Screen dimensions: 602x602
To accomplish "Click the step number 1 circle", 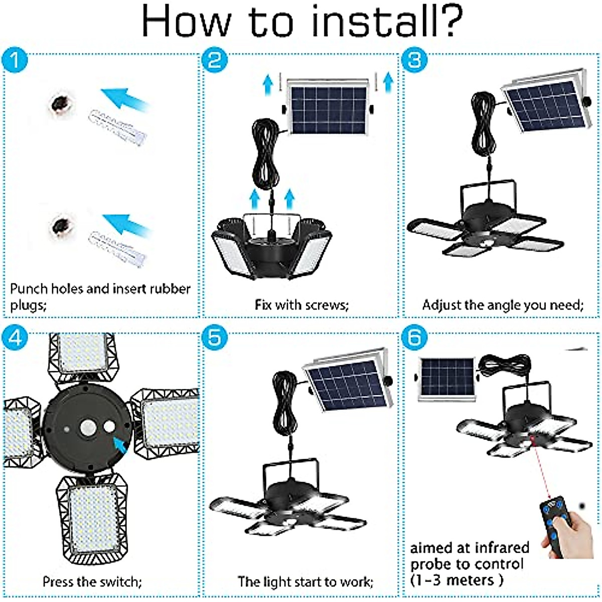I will tap(15, 61).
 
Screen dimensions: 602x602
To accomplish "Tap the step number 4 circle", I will tap(15, 338).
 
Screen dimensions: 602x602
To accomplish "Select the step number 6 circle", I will tap(414, 338).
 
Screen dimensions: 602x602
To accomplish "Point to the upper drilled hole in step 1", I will tap(62, 103).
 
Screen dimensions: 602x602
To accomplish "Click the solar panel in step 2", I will tap(329, 109).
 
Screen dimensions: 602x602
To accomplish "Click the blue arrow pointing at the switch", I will tap(121, 444).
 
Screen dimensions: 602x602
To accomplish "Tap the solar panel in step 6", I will tap(446, 378).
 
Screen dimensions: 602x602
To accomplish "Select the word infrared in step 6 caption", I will tap(502, 547).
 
